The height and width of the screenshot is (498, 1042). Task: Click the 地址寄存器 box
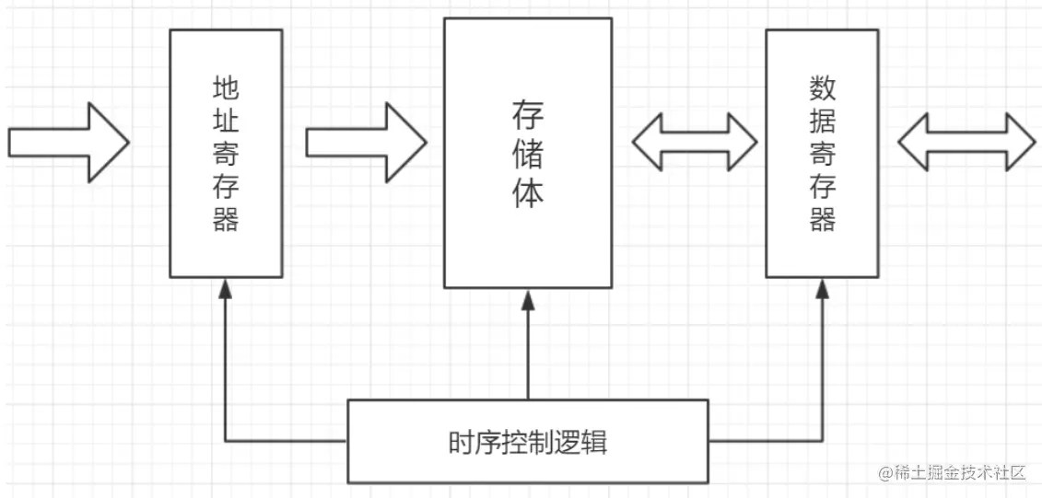pyautogui.click(x=226, y=153)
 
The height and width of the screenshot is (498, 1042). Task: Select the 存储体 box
pyautogui.click(x=528, y=153)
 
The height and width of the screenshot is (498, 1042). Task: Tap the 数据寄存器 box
pyautogui.click(x=822, y=153)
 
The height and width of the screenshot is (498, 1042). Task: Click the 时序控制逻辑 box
pyautogui.click(x=528, y=442)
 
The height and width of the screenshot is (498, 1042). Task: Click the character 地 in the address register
pyautogui.click(x=226, y=88)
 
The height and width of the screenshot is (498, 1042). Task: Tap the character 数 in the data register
pyautogui.click(x=822, y=88)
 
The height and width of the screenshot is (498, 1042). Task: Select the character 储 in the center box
pyautogui.click(x=528, y=155)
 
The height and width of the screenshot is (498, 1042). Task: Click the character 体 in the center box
pyautogui.click(x=528, y=194)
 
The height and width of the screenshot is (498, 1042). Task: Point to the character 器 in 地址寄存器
pyautogui.click(x=226, y=220)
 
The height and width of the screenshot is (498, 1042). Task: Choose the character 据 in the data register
pyautogui.click(x=822, y=122)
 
